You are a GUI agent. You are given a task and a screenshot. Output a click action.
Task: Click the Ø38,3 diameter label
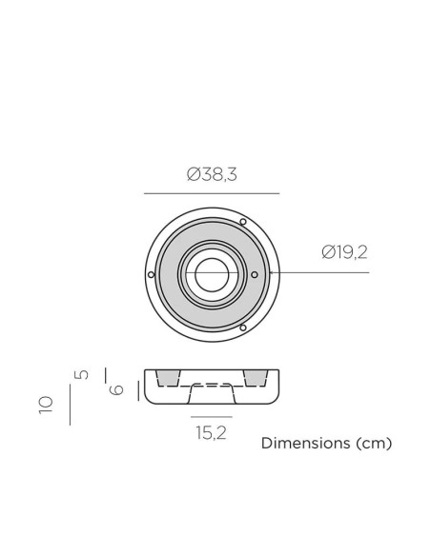212,175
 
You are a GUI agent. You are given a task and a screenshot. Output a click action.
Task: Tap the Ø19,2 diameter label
344,252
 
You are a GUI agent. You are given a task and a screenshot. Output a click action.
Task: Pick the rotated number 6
117,388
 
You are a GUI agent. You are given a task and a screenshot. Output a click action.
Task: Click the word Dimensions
304,444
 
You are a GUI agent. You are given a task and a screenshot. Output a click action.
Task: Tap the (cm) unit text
372,444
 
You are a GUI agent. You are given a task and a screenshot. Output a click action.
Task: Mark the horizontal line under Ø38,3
212,193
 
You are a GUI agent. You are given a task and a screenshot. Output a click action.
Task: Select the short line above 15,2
212,417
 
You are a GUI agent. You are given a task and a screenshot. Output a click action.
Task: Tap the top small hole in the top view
243,221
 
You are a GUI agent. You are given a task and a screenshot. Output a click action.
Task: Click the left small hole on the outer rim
152,274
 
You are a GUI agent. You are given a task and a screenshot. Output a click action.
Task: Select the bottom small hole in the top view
243,328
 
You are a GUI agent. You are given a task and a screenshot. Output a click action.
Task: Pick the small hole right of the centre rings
254,274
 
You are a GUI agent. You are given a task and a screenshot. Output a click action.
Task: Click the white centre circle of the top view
212,274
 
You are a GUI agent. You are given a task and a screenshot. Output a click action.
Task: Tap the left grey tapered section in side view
169,379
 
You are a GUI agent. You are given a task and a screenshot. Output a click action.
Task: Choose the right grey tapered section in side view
255,379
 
